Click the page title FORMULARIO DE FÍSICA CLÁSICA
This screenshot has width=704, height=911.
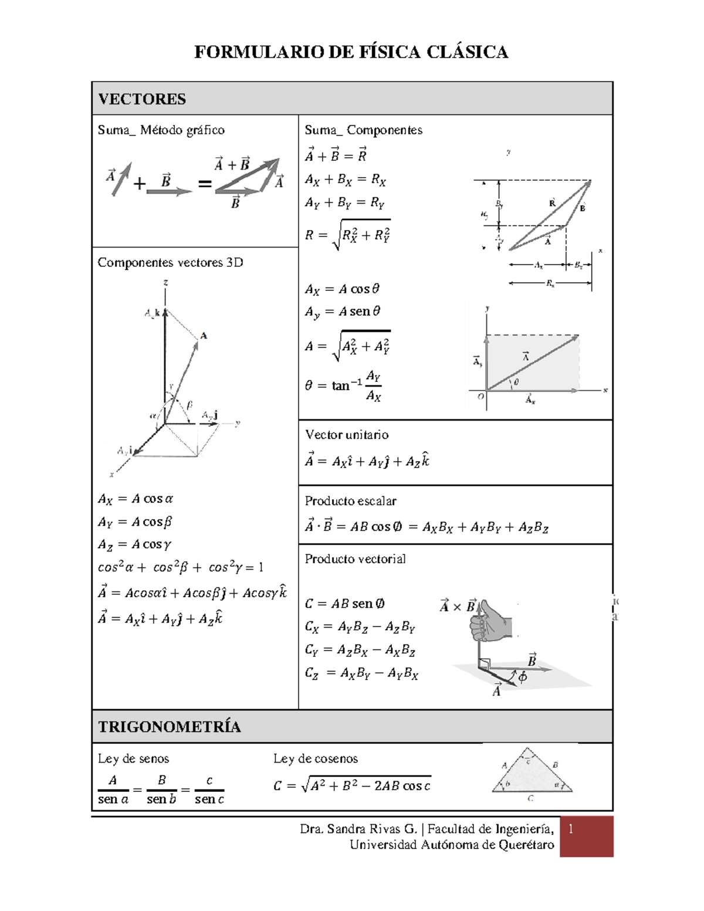[x=351, y=52]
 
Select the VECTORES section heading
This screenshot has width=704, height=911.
[x=142, y=99]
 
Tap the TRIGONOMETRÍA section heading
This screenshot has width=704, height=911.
[x=169, y=727]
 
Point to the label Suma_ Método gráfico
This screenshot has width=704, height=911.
[x=161, y=130]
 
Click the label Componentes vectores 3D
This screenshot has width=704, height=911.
[x=170, y=262]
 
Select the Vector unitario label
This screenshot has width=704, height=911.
[x=346, y=435]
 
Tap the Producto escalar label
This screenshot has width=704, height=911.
[x=350, y=501]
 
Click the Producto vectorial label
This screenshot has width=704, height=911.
[x=355, y=559]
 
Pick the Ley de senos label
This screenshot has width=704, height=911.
[x=133, y=758]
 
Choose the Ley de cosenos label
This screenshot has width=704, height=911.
[x=315, y=758]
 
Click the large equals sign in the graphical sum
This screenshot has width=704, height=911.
[x=204, y=184]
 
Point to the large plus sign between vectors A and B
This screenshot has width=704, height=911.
[x=139, y=184]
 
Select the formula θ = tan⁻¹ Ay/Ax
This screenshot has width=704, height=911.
[x=343, y=385]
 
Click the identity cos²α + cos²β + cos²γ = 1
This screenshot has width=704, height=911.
[x=180, y=567]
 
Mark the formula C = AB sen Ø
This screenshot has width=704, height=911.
[x=344, y=604]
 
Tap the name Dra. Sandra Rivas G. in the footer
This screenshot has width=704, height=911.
[x=358, y=829]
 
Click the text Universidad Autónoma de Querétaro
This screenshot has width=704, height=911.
[x=452, y=845]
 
